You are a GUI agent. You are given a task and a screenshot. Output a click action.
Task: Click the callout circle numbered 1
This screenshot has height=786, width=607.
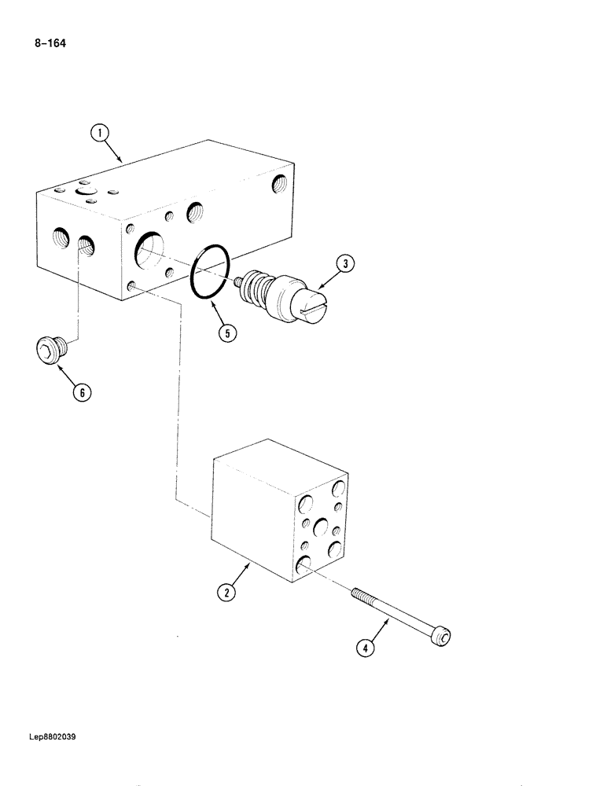pos(100,134)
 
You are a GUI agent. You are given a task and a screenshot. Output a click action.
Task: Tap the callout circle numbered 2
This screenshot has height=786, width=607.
pos(226,593)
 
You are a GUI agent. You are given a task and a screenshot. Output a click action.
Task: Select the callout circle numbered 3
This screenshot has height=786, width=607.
pos(344,265)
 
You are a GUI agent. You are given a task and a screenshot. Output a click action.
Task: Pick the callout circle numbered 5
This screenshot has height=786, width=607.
pos(226,333)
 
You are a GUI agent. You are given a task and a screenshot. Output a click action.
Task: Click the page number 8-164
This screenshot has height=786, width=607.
pos(50,44)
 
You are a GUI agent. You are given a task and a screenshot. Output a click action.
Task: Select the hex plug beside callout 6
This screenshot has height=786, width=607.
pos(50,348)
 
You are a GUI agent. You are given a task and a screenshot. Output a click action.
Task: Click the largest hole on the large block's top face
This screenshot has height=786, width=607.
pos(84,191)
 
